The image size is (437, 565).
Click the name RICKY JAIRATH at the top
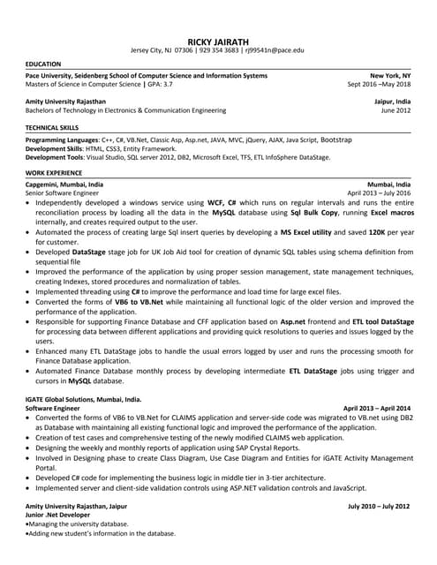click(x=219, y=41)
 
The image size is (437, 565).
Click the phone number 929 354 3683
click(x=219, y=50)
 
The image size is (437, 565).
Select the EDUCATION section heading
click(x=43, y=64)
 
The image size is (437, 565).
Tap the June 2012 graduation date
click(x=396, y=110)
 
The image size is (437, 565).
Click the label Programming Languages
click(x=63, y=140)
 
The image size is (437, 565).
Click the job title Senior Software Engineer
click(x=63, y=192)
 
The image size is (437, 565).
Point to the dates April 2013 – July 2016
click(x=379, y=192)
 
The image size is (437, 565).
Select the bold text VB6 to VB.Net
click(x=136, y=300)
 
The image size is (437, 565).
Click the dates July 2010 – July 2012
click(x=380, y=505)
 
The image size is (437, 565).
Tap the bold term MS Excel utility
click(x=305, y=231)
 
